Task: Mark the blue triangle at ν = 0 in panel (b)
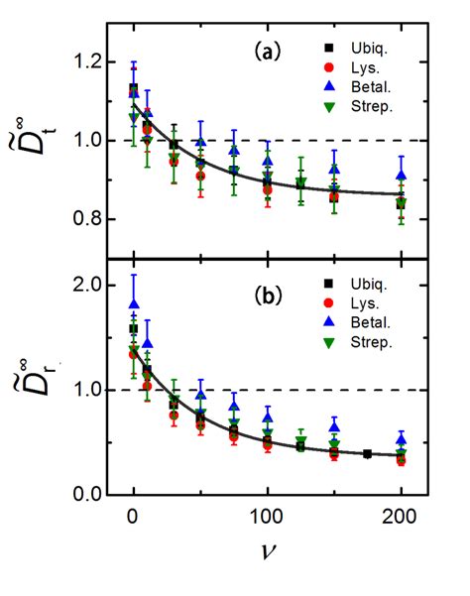click(134, 305)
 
